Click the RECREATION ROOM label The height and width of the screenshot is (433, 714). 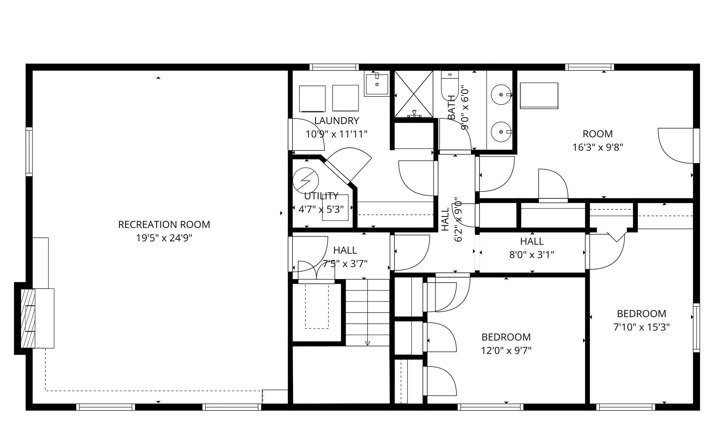[x=164, y=225]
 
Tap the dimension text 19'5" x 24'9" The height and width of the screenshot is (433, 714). [x=164, y=238]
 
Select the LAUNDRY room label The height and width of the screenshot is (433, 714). [x=336, y=121]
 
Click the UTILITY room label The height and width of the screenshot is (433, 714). [x=321, y=196]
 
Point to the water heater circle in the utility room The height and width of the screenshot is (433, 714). [x=305, y=180]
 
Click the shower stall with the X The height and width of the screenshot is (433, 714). [x=414, y=94]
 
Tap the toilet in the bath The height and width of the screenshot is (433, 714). [x=450, y=84]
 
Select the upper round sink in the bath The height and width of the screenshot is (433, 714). [x=501, y=95]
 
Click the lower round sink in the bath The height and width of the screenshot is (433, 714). [x=501, y=132]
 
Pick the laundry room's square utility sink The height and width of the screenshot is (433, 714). [x=377, y=84]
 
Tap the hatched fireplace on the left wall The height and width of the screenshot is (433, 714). [x=28, y=318]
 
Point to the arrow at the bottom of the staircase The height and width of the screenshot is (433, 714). [x=368, y=343]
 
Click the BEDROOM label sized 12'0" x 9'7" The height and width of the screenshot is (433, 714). [x=506, y=337]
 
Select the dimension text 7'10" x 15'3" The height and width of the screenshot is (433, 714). [x=641, y=327]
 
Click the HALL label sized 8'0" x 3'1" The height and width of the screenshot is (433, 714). [x=532, y=241]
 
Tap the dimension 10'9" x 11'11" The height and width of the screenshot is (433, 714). [x=336, y=134]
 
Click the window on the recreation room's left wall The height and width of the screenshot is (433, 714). [x=29, y=152]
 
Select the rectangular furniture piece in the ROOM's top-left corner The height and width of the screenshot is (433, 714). [x=539, y=96]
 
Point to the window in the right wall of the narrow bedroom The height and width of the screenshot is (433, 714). [x=696, y=328]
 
